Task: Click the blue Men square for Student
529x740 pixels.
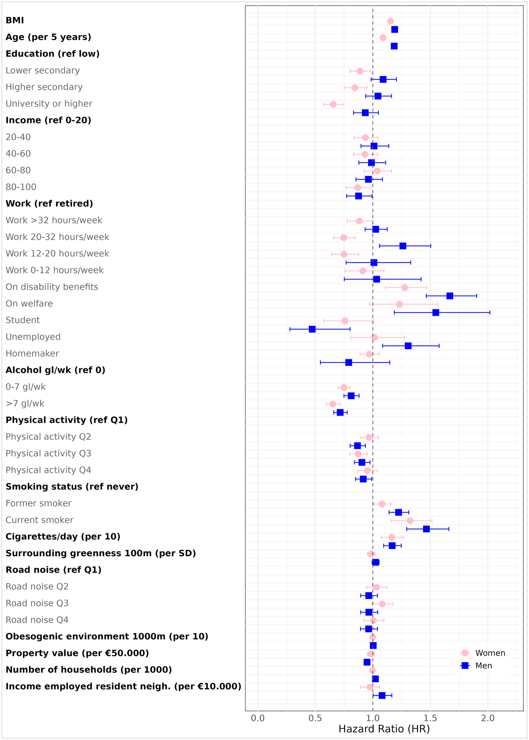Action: (x=312, y=329)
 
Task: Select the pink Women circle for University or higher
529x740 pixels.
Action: (x=333, y=104)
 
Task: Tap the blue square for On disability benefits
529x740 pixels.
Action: (x=450, y=296)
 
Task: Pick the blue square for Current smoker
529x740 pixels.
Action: (x=426, y=529)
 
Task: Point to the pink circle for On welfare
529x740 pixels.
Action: (x=399, y=304)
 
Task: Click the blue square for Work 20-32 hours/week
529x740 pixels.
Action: (x=403, y=246)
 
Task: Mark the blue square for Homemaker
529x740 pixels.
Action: (x=348, y=362)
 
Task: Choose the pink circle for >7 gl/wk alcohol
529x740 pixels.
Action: (x=333, y=404)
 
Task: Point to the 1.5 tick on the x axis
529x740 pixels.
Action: (x=430, y=718)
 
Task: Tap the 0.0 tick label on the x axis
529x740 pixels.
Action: (x=258, y=718)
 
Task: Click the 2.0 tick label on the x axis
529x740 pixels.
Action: (x=488, y=718)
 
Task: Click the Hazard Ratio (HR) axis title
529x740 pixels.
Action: (x=384, y=729)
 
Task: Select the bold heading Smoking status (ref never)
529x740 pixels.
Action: (x=72, y=487)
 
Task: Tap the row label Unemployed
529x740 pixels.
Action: (x=33, y=337)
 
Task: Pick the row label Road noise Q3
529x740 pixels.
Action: (x=37, y=603)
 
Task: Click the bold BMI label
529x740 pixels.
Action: (x=15, y=20)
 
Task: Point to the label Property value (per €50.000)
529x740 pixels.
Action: (x=77, y=653)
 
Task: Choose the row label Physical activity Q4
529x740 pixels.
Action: (x=48, y=470)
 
